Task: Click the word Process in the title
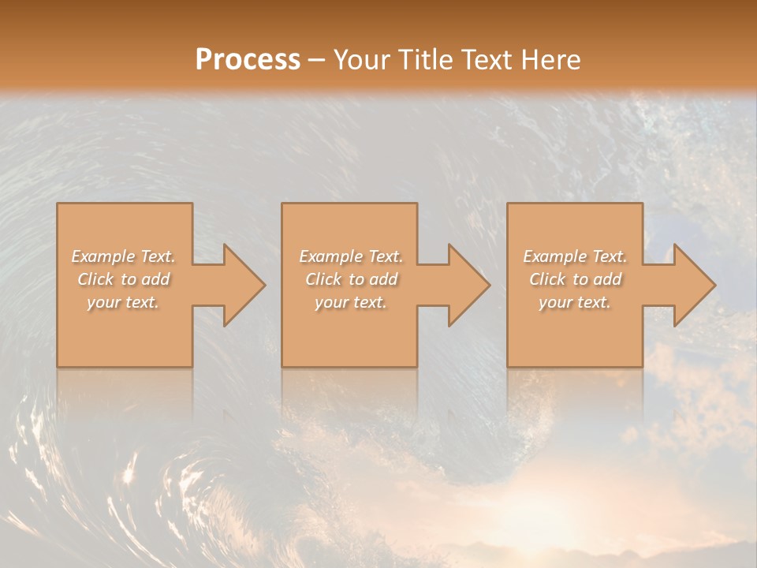coord(248,59)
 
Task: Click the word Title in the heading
coord(427,59)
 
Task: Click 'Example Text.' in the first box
coord(124,256)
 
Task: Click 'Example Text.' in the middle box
coord(351,256)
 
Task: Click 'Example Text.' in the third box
coord(575,256)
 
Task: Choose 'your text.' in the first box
coord(124,302)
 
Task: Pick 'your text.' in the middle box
coord(351,302)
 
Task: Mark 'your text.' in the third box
coord(575,302)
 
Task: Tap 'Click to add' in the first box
coord(124,279)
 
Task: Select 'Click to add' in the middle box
coord(351,279)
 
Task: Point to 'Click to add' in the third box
coord(575,279)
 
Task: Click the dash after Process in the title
coord(316,61)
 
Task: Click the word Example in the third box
coord(555,256)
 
